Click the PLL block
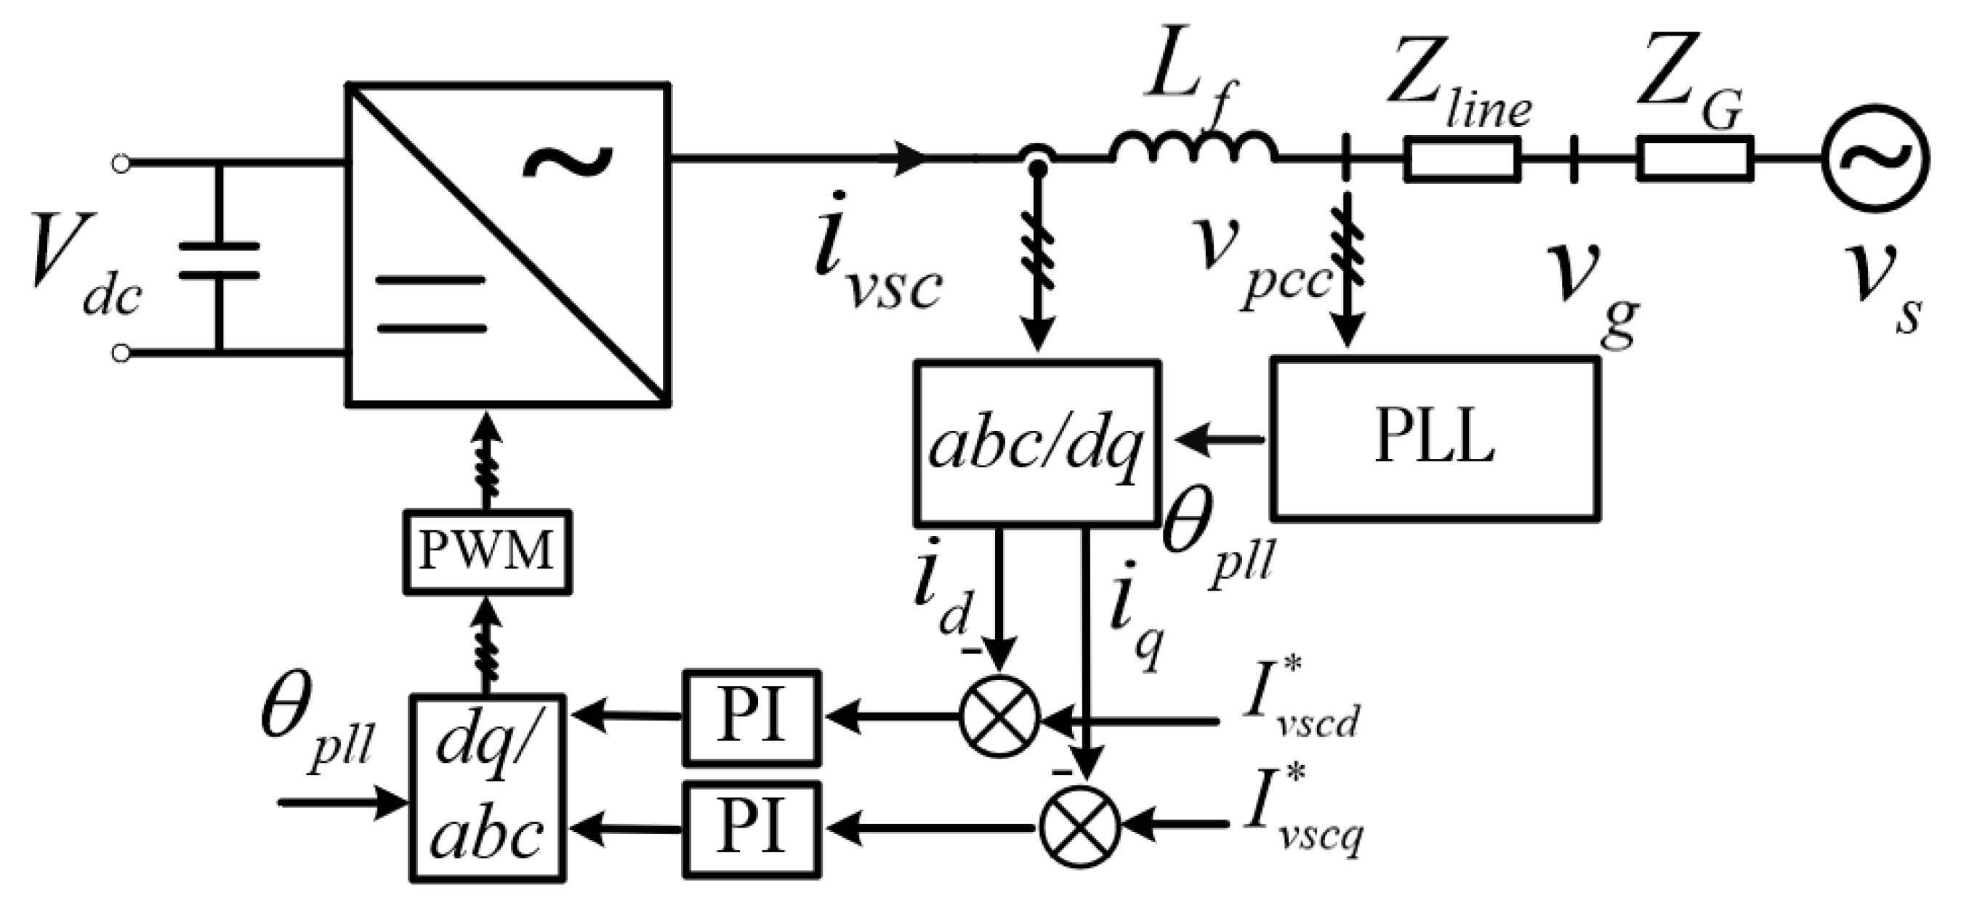1434,438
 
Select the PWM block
486,551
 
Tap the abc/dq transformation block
1037,445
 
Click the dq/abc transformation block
487,787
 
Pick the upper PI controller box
752,717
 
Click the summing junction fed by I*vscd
999,717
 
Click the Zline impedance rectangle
1462,159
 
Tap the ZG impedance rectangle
1695,159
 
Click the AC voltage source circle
1875,159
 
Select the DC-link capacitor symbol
220,260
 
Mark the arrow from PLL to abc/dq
1221,439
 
